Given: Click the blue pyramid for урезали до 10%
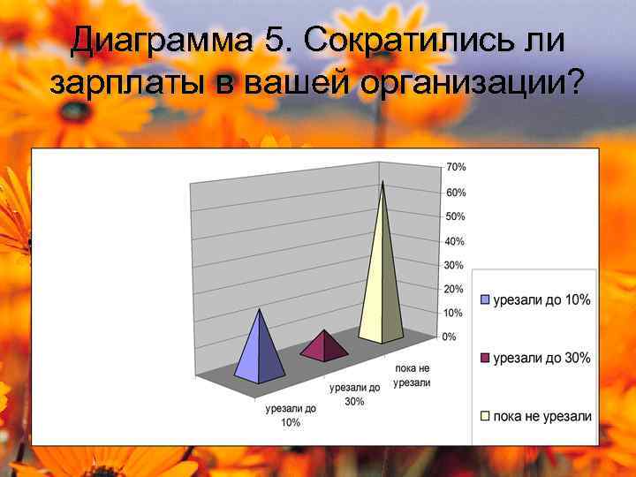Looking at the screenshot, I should pos(260,353).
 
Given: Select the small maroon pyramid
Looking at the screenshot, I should pos(324,347).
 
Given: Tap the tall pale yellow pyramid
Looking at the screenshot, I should pos(382,283).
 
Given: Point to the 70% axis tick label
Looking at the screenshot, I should pos(456,167).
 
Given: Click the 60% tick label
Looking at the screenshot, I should pos(456,193).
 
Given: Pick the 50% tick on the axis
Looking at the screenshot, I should pos(455,216).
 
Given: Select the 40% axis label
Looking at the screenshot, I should pos(454,241).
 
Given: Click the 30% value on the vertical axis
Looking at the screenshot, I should pos(453,265).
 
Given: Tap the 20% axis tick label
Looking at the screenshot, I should pos(452,289).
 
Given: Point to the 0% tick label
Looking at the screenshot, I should pos(449,337).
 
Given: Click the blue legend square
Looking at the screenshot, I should pos(484,300).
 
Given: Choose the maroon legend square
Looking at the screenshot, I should pos(484,359).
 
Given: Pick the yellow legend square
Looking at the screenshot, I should pos(484,416).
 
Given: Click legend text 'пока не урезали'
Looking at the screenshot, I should pos(542,416).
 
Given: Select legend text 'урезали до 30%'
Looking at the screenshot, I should pos(542,359).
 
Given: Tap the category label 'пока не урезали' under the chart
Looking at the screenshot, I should pos(412,375).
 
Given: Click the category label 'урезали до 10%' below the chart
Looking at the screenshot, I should pos(291,415).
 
